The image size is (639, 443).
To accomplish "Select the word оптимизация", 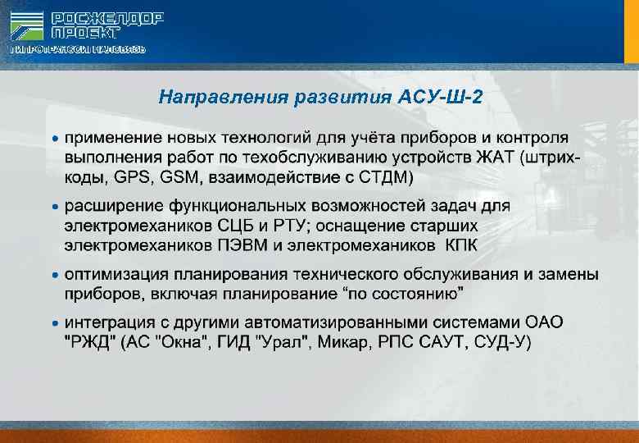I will (119, 273).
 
